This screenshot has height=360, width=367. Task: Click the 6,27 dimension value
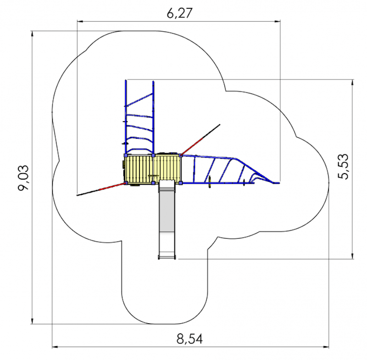tap(179, 13)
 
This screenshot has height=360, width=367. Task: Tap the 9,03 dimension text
tap(24, 178)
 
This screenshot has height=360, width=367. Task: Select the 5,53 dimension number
tap(343, 167)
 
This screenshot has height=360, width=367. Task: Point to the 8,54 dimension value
tap(189, 339)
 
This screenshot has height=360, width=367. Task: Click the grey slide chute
tap(167, 219)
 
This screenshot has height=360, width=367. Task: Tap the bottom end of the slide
tap(167, 258)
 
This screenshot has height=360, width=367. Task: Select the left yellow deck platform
tap(139, 169)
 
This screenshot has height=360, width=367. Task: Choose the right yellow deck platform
tap(167, 168)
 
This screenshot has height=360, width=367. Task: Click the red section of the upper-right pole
tap(192, 146)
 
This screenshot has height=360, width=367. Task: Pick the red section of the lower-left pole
tap(111, 186)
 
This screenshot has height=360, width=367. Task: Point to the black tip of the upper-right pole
tap(220, 125)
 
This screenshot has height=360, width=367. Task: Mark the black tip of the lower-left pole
tap(78, 195)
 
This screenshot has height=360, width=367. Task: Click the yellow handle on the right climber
tap(210, 181)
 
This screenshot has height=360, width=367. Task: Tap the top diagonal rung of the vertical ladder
tap(139, 100)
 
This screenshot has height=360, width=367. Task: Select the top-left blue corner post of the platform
tap(126, 155)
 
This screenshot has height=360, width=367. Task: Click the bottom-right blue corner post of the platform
tap(180, 183)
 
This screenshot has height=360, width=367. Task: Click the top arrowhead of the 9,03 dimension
tap(32, 34)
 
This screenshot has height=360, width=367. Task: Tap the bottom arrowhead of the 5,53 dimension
tap(352, 256)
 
